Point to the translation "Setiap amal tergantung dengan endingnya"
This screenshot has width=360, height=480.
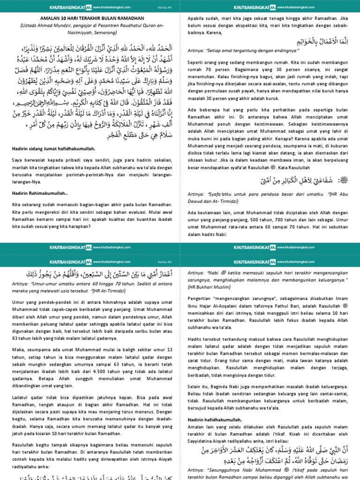[x=247, y=63]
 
